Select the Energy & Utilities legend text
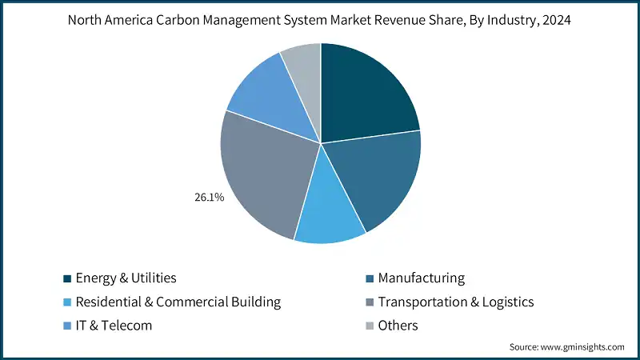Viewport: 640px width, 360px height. click(x=126, y=278)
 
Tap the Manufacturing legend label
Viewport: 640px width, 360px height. click(x=421, y=278)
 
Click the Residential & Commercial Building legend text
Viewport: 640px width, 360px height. click(x=178, y=302)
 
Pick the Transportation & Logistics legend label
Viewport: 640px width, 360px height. click(x=455, y=302)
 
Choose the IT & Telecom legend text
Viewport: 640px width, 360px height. click(x=114, y=326)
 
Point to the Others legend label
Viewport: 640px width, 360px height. click(x=398, y=326)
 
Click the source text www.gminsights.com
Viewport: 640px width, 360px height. click(x=584, y=346)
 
